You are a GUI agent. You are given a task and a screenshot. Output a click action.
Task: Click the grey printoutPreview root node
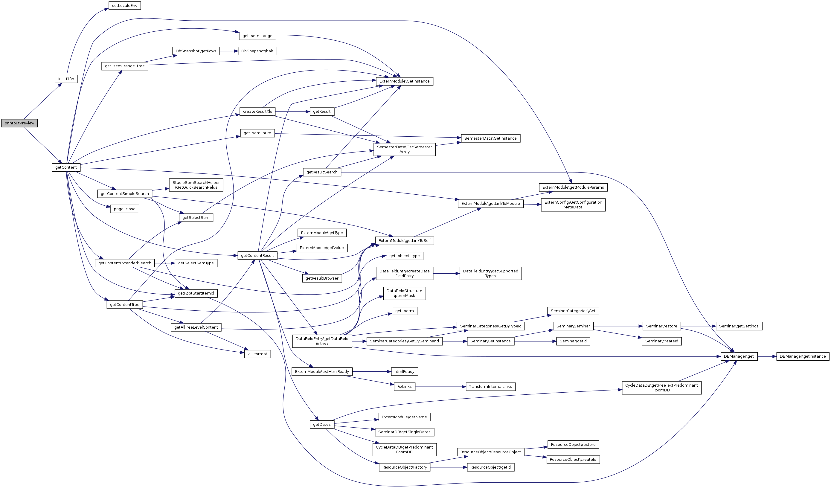[x=19, y=123]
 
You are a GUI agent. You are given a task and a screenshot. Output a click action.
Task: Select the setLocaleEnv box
[x=125, y=6]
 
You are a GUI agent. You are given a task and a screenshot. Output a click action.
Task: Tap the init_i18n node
[x=66, y=79]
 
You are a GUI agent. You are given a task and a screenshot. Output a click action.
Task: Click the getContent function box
[x=66, y=167]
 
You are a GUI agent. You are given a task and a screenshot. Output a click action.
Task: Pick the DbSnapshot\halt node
[x=257, y=51]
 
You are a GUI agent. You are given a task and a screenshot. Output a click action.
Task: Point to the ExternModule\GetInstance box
[x=404, y=81]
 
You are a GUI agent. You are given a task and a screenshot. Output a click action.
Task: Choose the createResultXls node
[x=257, y=112]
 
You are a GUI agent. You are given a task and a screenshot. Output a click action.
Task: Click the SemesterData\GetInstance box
[x=490, y=138]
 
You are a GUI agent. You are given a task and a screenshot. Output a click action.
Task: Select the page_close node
[x=125, y=209]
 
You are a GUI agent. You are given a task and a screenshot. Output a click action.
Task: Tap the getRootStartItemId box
[x=196, y=293]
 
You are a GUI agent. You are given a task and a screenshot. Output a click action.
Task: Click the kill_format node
[x=257, y=354]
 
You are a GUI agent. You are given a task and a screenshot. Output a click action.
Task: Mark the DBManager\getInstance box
[x=803, y=356]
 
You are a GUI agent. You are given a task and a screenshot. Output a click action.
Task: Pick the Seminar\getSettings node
[x=739, y=326]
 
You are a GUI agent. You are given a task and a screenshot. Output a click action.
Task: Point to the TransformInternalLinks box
[x=490, y=386]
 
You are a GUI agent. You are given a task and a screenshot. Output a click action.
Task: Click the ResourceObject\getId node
[x=490, y=467]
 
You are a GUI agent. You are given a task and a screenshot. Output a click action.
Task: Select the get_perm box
[x=404, y=311]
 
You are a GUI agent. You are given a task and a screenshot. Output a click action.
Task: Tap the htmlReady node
[x=404, y=372]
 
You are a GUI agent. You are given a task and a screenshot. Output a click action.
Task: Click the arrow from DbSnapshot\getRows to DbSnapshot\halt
[x=229, y=51]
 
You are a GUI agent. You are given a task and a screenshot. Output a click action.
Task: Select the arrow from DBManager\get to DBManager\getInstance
[x=767, y=356]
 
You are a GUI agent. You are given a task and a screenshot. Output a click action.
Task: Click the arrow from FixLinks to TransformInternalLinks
[x=440, y=386]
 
